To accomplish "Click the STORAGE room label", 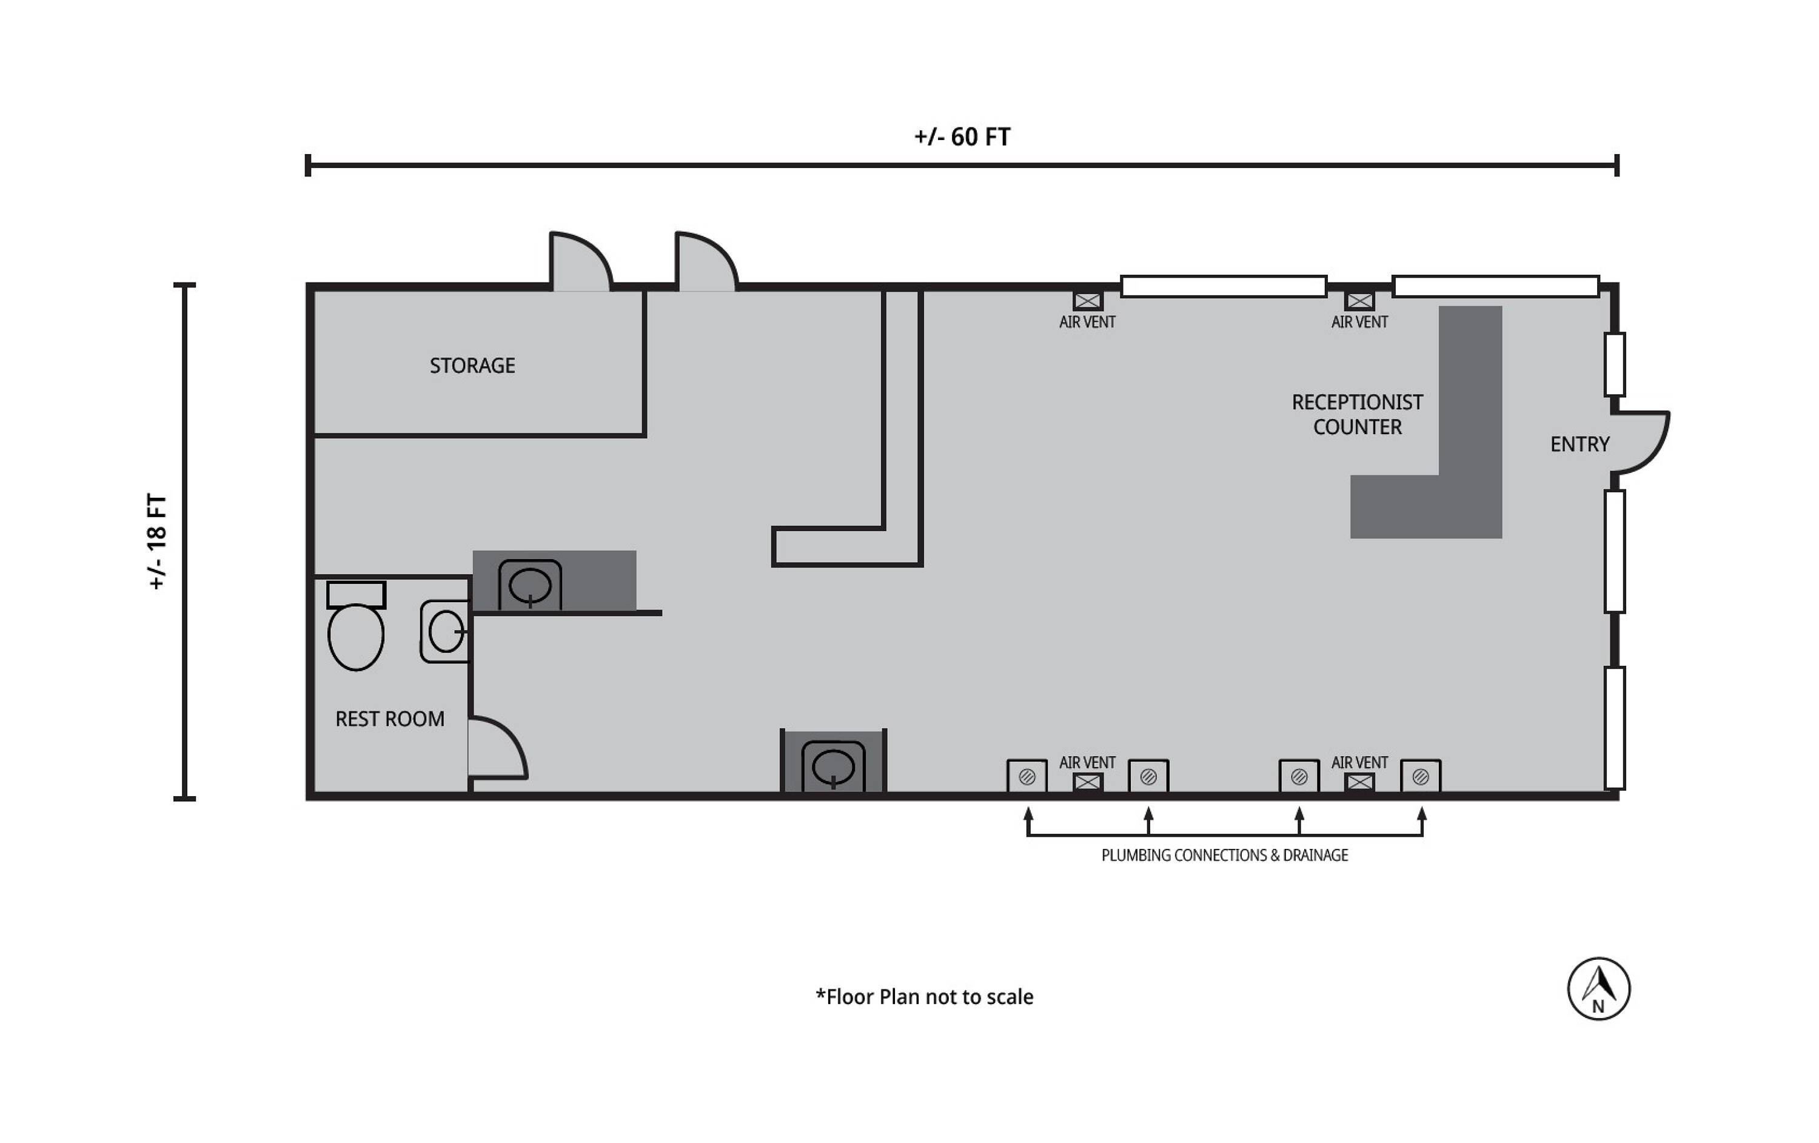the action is (472, 366).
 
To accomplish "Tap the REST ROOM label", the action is (390, 719).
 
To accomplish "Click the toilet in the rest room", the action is (356, 626).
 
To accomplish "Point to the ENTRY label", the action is (1579, 444).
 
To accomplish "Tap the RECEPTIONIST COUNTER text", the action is (1357, 415).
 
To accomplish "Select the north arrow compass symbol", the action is (1598, 989).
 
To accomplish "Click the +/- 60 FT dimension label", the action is (962, 137).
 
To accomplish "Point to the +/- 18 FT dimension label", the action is (156, 541).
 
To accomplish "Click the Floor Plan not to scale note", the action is (924, 997).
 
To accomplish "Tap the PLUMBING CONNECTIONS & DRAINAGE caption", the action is (1225, 855).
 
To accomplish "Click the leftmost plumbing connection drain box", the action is (1027, 776).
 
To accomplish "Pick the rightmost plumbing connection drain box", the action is (1420, 776).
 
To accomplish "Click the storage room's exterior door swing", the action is (580, 261).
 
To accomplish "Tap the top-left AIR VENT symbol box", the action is (1087, 301).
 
